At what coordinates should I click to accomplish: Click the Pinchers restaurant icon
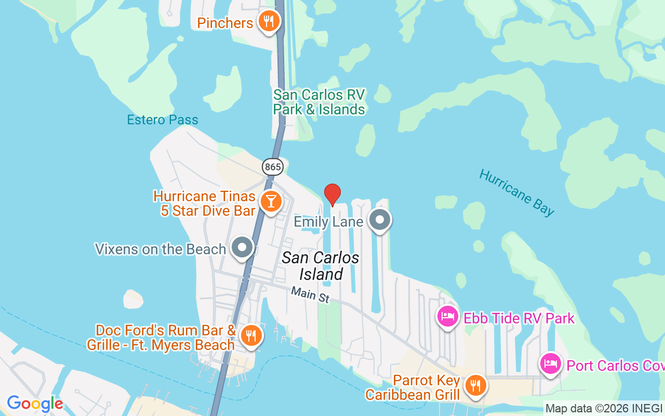pos(268,21)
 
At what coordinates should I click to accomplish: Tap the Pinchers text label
pos(225,23)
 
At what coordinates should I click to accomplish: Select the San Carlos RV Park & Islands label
pos(320,102)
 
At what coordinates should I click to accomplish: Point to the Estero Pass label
pos(163,120)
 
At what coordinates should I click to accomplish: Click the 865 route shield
pos(272,167)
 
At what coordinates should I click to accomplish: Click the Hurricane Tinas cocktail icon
pos(271,201)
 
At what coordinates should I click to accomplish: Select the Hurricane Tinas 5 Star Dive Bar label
pos(204,203)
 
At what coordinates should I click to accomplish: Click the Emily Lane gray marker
pos(380,220)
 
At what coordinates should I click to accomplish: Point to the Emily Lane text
pos(328,222)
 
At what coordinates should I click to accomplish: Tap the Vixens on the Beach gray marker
pos(242,247)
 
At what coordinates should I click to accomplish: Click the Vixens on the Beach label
pos(160,249)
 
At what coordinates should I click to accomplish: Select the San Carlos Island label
pos(321,266)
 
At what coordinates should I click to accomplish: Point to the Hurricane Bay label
pos(516,192)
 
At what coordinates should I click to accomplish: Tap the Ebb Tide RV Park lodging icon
pos(447,316)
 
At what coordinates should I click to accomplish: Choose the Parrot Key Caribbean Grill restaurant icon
pos(474,386)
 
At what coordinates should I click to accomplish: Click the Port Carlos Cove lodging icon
pos(550,363)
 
